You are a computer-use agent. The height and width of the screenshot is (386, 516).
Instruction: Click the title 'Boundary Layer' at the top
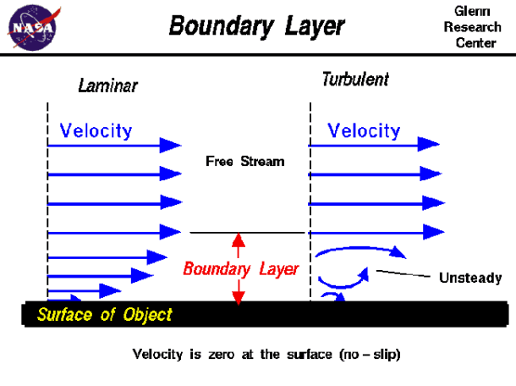257,25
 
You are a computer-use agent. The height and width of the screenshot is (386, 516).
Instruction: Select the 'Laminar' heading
107,85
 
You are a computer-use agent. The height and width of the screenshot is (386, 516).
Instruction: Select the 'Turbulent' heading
355,80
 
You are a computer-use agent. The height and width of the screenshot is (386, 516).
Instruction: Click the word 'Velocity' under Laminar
96,130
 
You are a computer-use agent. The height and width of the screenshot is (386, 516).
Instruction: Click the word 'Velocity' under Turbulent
364,130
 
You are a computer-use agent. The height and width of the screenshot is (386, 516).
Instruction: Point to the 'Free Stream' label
245,161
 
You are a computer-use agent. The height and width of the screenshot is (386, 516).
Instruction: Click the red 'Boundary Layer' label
241,269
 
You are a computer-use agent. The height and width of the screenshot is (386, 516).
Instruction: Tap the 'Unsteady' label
470,278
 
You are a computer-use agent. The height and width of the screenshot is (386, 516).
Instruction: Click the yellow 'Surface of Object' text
104,316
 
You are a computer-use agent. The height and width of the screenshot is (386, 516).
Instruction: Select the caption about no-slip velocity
266,354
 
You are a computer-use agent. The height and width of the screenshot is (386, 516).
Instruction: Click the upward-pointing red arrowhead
239,240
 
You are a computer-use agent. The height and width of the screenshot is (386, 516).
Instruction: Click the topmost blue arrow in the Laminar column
114,146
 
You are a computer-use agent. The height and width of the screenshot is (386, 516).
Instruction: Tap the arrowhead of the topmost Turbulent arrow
430,146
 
